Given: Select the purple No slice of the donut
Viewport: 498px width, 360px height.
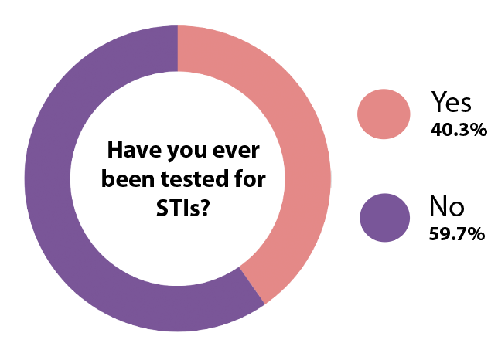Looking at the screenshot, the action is pos(48,178).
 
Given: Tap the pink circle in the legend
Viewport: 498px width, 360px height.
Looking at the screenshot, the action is pos(384,114).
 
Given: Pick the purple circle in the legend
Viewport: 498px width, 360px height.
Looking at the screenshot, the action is pos(385,218).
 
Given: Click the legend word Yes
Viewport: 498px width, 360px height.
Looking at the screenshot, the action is pos(451,101).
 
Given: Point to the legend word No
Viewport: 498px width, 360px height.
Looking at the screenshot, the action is pos(446,206).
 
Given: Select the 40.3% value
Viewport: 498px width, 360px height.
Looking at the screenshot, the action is pos(459,130).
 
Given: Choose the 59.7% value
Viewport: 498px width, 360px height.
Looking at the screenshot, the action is pos(457,234).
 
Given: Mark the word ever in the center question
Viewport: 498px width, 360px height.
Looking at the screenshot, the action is pos(236,151).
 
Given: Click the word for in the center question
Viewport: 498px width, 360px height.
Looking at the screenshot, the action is pos(250,178).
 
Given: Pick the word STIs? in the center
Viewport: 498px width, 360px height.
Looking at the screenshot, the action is pos(183,208).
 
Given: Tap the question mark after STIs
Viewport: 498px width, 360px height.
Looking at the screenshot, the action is pos(205,208).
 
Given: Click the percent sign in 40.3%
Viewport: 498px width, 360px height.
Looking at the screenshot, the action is pos(479,130).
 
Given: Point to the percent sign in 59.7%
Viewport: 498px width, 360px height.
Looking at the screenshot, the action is pos(476,234).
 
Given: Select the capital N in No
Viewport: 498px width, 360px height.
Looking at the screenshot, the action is pos(438,206).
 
